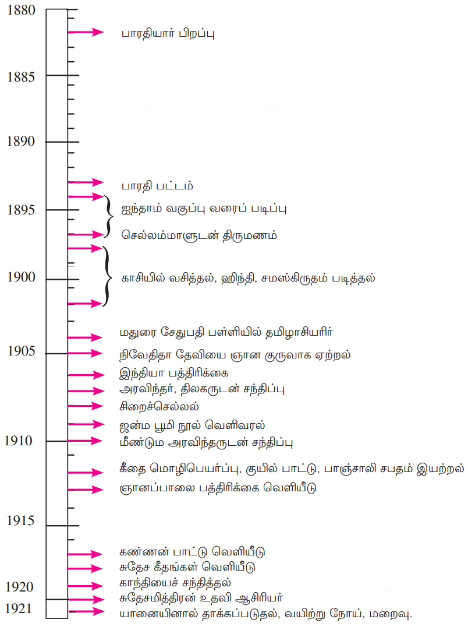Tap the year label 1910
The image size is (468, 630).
19,441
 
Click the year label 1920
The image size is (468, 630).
19,586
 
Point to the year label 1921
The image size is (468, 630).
19,608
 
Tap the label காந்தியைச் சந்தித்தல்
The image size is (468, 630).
175,582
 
